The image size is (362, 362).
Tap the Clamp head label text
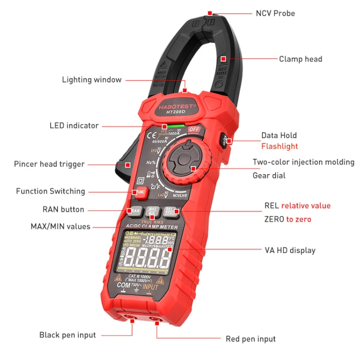click(x=300, y=59)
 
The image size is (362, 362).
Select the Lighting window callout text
click(x=92, y=80)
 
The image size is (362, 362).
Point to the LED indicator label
click(x=74, y=125)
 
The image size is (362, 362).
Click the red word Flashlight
click(x=279, y=146)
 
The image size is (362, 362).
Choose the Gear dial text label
click(x=269, y=175)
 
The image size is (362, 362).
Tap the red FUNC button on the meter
click(x=140, y=192)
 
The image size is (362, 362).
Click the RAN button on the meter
click(x=135, y=211)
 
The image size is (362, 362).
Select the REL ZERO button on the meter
click(x=169, y=211)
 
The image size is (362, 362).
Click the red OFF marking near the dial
click(x=195, y=129)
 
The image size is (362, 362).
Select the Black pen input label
click(x=68, y=335)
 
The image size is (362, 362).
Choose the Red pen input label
click(x=251, y=339)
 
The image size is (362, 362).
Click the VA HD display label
click(x=290, y=250)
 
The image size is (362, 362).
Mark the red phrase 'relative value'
click(x=306, y=206)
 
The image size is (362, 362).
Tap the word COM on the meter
click(x=124, y=286)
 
